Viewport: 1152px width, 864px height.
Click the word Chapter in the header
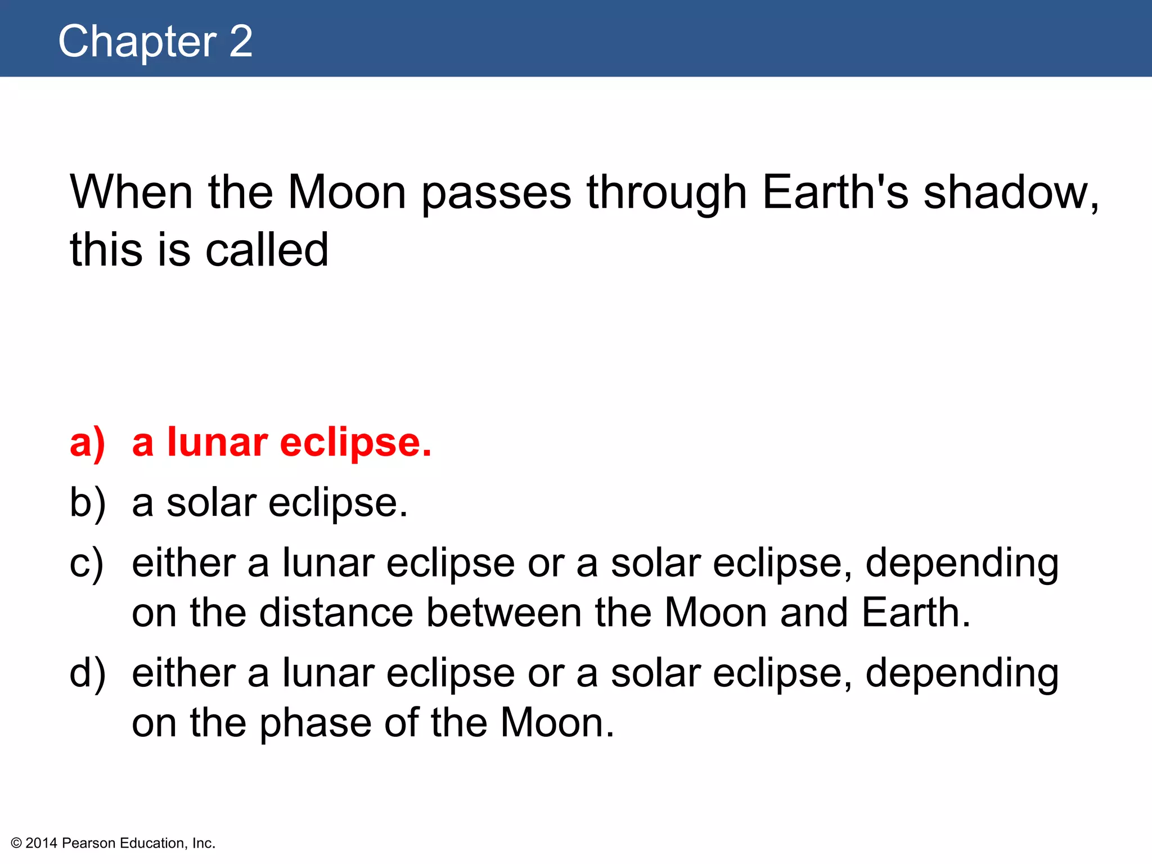pyautogui.click(x=137, y=42)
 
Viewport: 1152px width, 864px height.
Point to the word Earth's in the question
pyautogui.click(x=835, y=192)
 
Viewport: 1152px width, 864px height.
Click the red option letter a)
pyautogui.click(x=87, y=443)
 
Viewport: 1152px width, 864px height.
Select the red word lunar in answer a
pyautogui.click(x=217, y=442)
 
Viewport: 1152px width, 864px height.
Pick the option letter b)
pyautogui.click(x=87, y=503)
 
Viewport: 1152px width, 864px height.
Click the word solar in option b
pyautogui.click(x=211, y=503)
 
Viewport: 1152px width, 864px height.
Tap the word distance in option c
pyautogui.click(x=336, y=613)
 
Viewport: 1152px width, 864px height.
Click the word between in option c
pyautogui.click(x=503, y=613)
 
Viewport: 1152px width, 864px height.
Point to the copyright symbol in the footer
pyautogui.click(x=16, y=843)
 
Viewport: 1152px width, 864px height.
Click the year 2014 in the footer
pyautogui.click(x=41, y=843)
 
